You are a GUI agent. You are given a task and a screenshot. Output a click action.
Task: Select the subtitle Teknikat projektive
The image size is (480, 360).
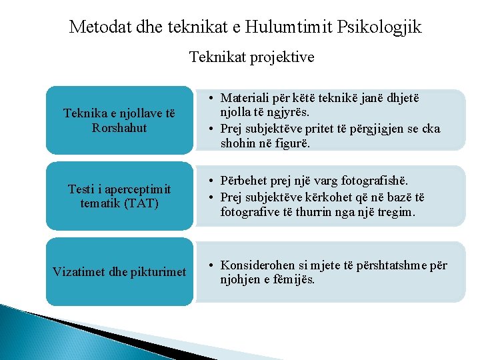pos(251,57)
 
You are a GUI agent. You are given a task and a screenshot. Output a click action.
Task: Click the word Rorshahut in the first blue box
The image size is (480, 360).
pos(119,127)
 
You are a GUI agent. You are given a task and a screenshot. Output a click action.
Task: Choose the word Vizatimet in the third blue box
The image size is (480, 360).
pos(80,271)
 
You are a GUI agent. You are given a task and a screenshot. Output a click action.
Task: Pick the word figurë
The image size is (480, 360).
pos(293,143)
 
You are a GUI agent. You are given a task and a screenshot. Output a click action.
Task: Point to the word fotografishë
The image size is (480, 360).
pos(374,181)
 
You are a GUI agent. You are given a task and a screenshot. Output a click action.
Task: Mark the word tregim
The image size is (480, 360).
pos(394,212)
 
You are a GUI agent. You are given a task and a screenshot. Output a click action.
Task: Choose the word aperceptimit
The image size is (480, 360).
pos(133,189)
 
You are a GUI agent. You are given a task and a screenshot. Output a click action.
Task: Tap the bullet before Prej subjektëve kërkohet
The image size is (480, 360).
pos(209,197)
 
